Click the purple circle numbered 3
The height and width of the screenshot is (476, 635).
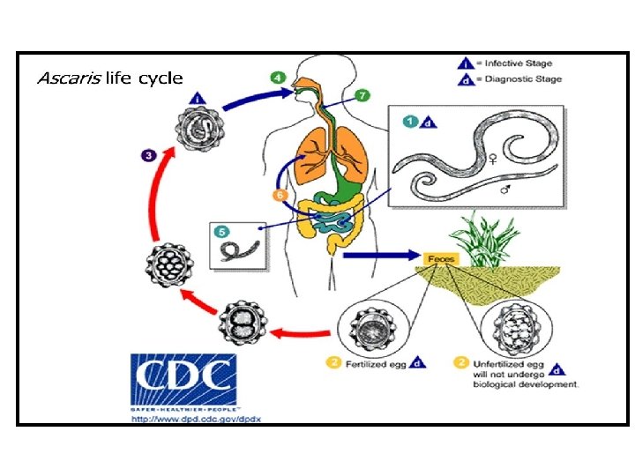click(x=149, y=155)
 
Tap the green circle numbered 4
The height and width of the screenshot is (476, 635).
click(x=277, y=78)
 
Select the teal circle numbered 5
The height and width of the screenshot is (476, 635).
click(x=222, y=231)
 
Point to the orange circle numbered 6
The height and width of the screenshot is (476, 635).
click(x=278, y=194)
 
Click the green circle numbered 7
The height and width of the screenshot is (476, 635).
click(x=362, y=94)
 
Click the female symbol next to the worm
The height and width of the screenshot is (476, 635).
click(x=493, y=159)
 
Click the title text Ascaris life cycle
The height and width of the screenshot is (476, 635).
click(x=109, y=78)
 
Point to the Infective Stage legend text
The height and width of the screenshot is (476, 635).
click(x=527, y=64)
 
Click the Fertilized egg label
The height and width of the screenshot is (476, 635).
click(x=376, y=364)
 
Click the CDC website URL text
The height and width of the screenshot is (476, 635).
click(x=196, y=418)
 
